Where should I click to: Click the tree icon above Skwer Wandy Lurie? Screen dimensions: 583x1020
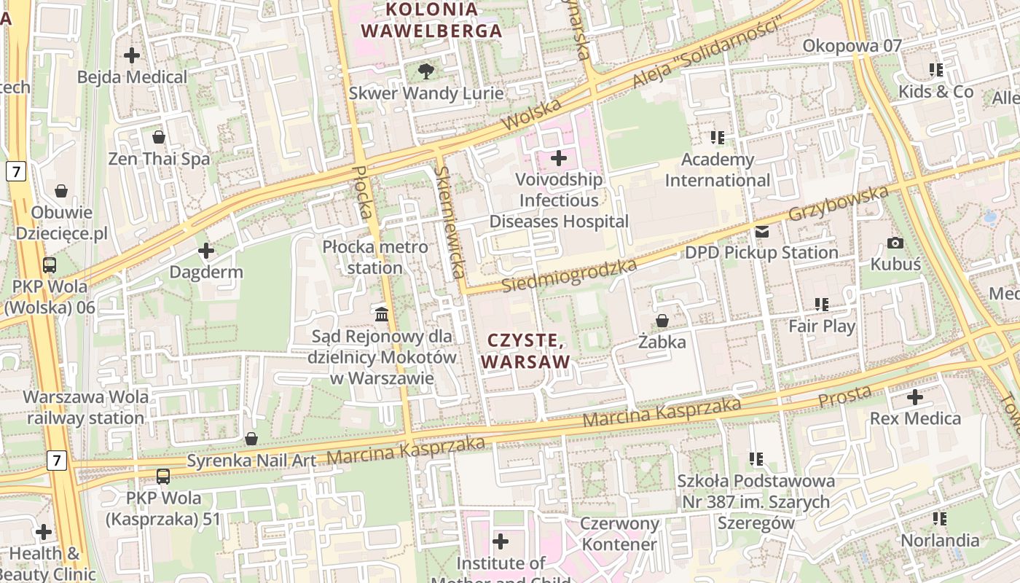click(426, 71)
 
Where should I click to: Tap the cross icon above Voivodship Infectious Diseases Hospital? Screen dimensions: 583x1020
click(559, 157)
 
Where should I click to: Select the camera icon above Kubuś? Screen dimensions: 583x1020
click(895, 243)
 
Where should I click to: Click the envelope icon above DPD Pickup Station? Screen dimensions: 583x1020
click(761, 232)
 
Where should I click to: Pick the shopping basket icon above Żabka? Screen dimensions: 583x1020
click(662, 321)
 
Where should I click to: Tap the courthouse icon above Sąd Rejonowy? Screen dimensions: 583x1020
click(381, 314)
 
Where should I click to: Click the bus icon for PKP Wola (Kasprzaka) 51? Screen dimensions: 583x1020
click(163, 477)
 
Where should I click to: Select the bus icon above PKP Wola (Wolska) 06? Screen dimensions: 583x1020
click(50, 265)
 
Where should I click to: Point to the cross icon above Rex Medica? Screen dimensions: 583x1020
click(915, 397)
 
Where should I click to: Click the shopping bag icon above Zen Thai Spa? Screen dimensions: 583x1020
click(159, 137)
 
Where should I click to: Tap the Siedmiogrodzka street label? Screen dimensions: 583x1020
click(570, 275)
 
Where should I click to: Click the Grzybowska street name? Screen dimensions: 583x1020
click(839, 203)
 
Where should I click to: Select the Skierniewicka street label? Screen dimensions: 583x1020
click(449, 222)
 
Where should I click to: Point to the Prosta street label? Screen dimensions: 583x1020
click(844, 397)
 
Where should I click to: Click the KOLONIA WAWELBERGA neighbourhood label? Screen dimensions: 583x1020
click(432, 20)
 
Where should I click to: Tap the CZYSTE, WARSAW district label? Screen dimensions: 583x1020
click(525, 351)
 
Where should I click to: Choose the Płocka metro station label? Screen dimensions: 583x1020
click(375, 257)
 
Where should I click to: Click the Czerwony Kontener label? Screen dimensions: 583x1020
click(619, 533)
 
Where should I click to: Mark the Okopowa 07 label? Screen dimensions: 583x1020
click(852, 46)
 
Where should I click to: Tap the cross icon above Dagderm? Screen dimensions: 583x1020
click(206, 251)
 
